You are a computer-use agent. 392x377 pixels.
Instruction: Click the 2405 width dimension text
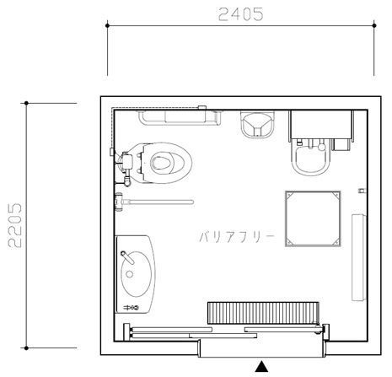click(x=241, y=14)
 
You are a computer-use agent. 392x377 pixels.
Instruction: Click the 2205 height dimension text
click(x=14, y=225)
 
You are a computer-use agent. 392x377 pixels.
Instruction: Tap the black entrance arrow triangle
click(x=261, y=366)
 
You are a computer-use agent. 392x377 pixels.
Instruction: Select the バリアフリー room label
click(x=237, y=237)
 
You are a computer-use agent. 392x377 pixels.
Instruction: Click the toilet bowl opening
click(x=161, y=163)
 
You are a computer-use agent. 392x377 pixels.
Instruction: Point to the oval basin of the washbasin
click(x=137, y=274)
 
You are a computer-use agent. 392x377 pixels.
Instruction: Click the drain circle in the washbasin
click(x=130, y=274)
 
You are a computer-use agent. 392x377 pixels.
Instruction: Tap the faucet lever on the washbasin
click(x=127, y=257)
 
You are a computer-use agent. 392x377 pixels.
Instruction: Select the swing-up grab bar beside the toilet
click(x=154, y=202)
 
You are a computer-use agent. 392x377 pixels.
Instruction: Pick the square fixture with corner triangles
click(x=313, y=219)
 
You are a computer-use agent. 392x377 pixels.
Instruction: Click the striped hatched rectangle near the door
click(x=263, y=313)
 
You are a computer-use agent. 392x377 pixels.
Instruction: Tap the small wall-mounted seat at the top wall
click(x=257, y=125)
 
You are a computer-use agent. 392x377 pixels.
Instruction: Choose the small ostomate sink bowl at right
click(x=311, y=158)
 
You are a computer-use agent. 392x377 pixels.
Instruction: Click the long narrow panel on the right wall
click(x=359, y=257)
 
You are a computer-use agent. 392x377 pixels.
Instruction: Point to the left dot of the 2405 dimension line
click(x=107, y=25)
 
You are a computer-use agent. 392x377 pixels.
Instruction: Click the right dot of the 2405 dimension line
click(x=374, y=25)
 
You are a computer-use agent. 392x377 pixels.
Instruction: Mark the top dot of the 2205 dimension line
click(x=26, y=103)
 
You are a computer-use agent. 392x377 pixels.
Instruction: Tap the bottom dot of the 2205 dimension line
click(x=26, y=348)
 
